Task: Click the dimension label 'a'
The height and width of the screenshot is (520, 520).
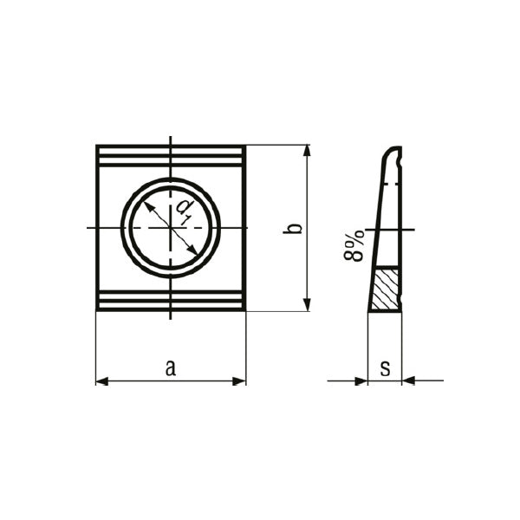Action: click(x=171, y=367)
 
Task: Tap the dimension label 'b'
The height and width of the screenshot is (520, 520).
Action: click(x=295, y=229)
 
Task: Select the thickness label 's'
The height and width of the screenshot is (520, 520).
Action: click(x=385, y=367)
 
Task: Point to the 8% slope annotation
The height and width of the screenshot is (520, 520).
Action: click(x=354, y=246)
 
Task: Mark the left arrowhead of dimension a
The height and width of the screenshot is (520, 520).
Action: click(x=101, y=380)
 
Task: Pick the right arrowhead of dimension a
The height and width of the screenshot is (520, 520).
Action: click(x=240, y=380)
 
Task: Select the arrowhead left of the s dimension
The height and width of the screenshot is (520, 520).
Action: click(x=361, y=380)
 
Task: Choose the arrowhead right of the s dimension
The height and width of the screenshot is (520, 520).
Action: click(x=408, y=380)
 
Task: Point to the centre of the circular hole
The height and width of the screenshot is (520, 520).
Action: click(x=171, y=228)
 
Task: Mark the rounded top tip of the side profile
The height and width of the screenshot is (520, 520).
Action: click(x=394, y=149)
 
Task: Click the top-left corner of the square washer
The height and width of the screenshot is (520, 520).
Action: click(x=97, y=146)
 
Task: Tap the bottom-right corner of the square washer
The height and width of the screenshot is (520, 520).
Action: click(x=245, y=309)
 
